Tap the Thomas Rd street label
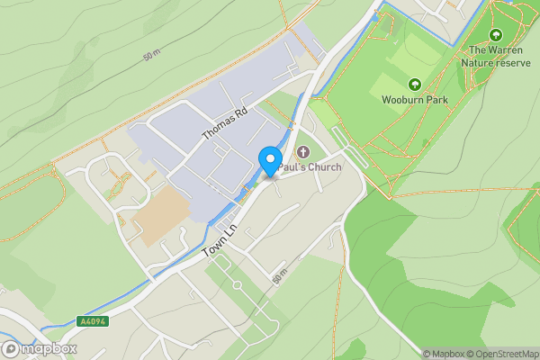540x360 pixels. pos(223,122)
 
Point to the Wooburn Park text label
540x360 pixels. pos(414,99)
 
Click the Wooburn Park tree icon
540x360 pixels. pos(414,83)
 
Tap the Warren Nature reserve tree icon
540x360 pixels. pos(494,35)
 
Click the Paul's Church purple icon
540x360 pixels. pos(302,153)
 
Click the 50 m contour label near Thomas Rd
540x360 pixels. pos(151,56)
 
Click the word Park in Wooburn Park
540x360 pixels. pos(436,99)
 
